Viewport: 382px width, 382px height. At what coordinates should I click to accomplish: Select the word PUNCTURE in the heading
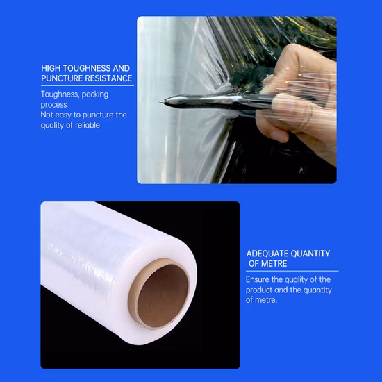click(59, 78)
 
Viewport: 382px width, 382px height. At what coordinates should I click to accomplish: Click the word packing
click(95, 94)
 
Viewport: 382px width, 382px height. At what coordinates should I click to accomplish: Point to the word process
click(54, 105)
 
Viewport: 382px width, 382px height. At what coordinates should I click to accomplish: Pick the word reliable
click(88, 125)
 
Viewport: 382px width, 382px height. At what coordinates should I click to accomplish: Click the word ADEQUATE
click(267, 254)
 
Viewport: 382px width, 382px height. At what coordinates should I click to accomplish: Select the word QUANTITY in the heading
click(310, 254)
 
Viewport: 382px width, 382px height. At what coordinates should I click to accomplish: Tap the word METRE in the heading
click(274, 264)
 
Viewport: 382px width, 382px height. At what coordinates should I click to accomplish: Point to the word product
click(259, 290)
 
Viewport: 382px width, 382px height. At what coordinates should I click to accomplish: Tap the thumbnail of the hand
click(280, 136)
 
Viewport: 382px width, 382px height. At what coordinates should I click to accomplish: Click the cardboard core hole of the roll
click(163, 295)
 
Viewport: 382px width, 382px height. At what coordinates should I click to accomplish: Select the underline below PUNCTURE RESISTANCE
click(88, 85)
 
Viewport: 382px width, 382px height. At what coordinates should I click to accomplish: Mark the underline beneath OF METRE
click(292, 271)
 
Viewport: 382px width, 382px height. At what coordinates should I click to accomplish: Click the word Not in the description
click(47, 115)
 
